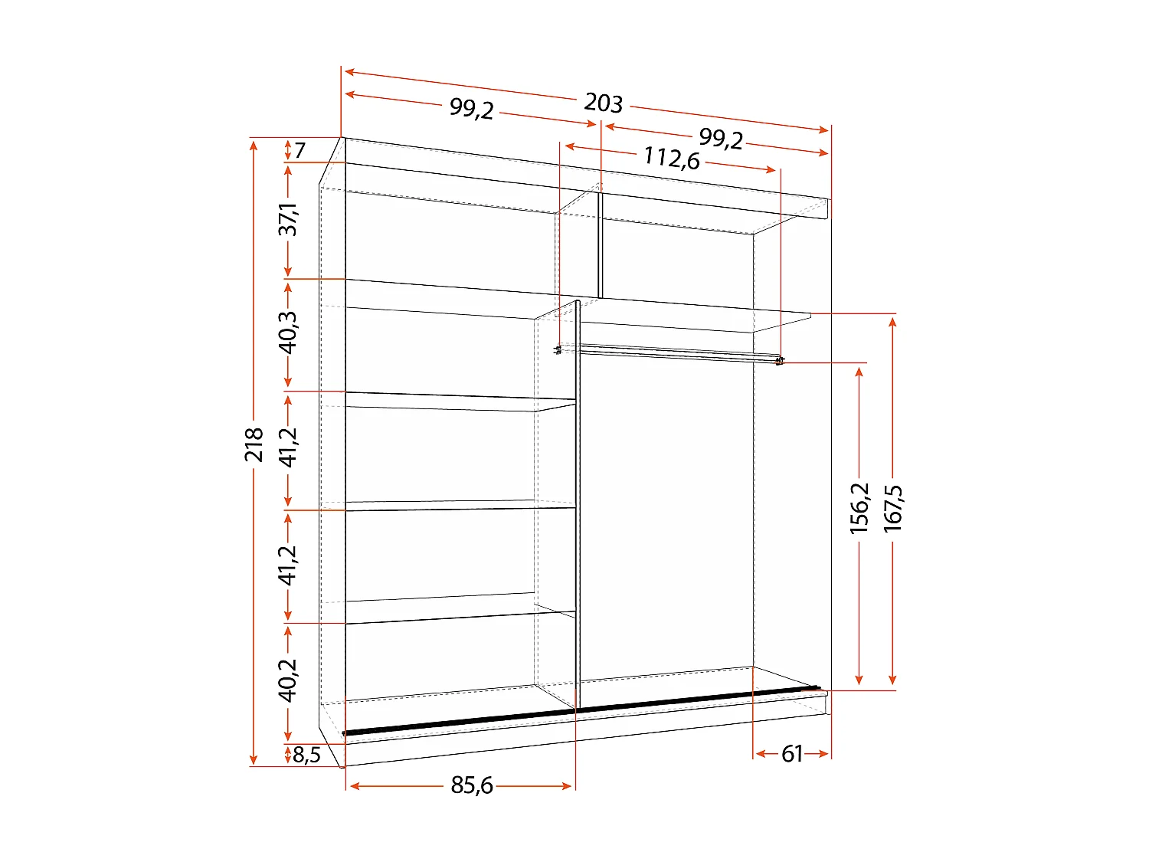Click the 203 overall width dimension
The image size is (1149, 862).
pos(604,103)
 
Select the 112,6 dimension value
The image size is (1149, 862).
pos(672,158)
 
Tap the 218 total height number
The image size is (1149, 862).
pos(254,444)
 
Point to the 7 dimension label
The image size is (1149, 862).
pos(300,150)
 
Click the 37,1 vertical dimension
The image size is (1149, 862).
pos(288,219)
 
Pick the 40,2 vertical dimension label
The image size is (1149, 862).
pos(288,680)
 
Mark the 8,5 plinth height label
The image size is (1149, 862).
pos(306,755)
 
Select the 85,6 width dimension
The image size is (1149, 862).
pos(472,785)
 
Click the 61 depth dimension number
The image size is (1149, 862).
pos(792,754)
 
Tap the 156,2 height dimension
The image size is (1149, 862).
pos(859,507)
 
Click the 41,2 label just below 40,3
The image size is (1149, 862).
pos(288,447)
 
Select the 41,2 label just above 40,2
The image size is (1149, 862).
pos(288,565)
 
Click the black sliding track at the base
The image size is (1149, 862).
pos(582,710)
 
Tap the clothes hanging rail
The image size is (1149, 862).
pos(674,353)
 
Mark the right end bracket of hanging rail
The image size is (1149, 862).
pos(780,360)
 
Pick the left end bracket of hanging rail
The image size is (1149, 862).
pos(558,350)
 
